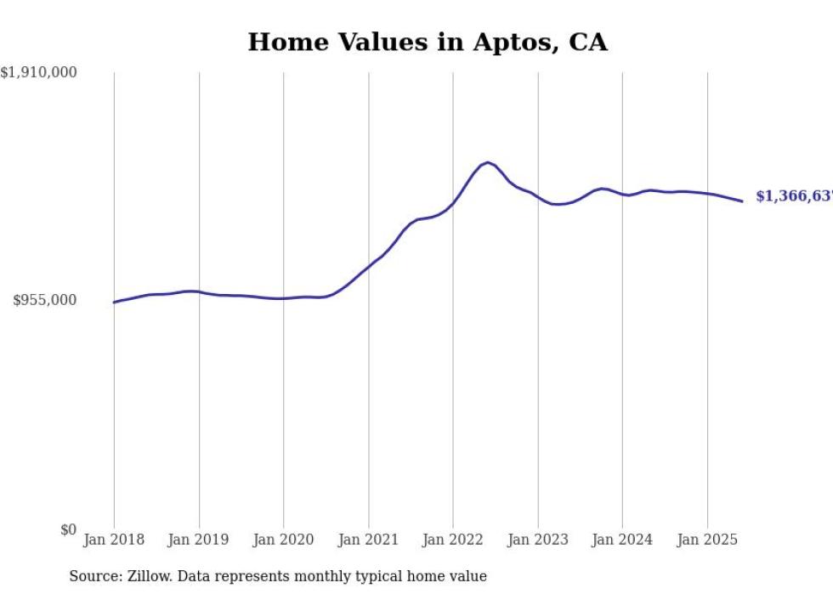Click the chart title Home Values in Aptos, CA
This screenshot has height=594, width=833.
click(428, 42)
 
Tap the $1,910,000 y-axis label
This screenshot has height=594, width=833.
click(38, 73)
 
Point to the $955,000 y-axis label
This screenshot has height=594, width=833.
click(44, 300)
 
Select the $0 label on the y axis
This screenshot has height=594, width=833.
click(68, 529)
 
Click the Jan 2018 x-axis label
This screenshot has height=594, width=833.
click(114, 540)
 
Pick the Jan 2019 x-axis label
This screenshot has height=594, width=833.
click(199, 540)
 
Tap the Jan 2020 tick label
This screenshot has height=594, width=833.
click(284, 540)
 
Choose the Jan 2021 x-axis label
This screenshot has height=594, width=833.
click(368, 540)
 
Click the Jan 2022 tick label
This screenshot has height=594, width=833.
click(453, 540)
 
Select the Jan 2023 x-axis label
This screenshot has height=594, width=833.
click(538, 540)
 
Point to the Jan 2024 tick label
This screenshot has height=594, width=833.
click(622, 540)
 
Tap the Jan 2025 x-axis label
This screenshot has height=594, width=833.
click(707, 540)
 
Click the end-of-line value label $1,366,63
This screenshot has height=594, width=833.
click(794, 196)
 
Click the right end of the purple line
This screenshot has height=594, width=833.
click(743, 201)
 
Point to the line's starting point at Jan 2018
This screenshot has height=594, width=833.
click(114, 302)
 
